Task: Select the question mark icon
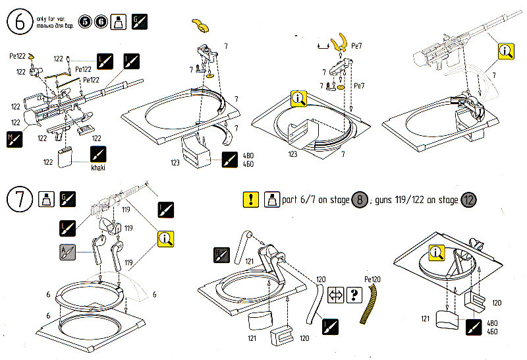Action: pos(355,293)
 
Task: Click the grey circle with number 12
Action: pos(468,199)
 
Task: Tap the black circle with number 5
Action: pos(84,22)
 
